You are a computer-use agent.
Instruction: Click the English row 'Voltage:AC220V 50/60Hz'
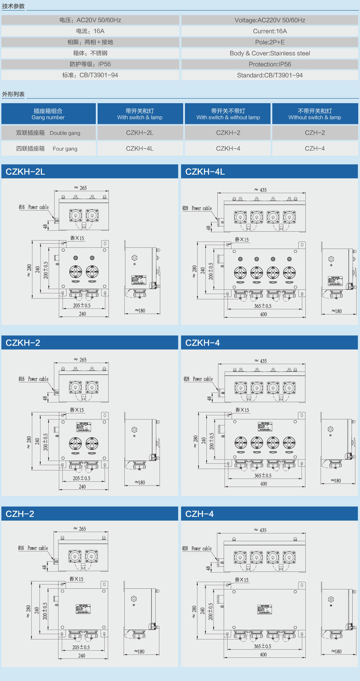click(x=270, y=20)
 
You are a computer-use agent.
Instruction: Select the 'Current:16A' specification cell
click(x=270, y=31)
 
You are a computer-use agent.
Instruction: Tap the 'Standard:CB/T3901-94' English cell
click(x=270, y=75)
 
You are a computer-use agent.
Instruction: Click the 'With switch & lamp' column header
click(x=140, y=114)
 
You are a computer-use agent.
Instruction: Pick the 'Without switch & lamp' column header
click(x=315, y=114)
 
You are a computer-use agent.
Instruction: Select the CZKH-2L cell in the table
click(x=140, y=133)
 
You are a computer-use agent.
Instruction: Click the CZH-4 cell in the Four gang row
click(x=315, y=148)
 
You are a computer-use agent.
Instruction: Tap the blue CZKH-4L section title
click(x=205, y=171)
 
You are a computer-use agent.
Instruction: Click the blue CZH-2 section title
click(x=20, y=514)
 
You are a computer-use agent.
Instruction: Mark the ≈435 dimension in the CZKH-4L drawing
click(x=261, y=190)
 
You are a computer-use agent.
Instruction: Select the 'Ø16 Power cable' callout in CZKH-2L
click(x=34, y=207)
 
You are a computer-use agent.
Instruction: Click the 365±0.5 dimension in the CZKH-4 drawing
click(x=263, y=475)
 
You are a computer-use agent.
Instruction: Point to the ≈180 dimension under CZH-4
click(x=336, y=651)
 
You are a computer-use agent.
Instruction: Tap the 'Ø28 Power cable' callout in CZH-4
click(x=197, y=549)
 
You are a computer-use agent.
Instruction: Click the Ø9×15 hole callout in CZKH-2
click(x=77, y=410)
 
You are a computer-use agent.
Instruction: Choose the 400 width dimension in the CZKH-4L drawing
click(x=263, y=314)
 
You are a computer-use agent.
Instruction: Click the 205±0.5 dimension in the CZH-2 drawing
click(x=81, y=647)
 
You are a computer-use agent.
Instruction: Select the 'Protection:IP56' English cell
click(x=270, y=64)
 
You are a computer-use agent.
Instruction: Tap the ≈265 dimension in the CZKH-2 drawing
click(x=80, y=360)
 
